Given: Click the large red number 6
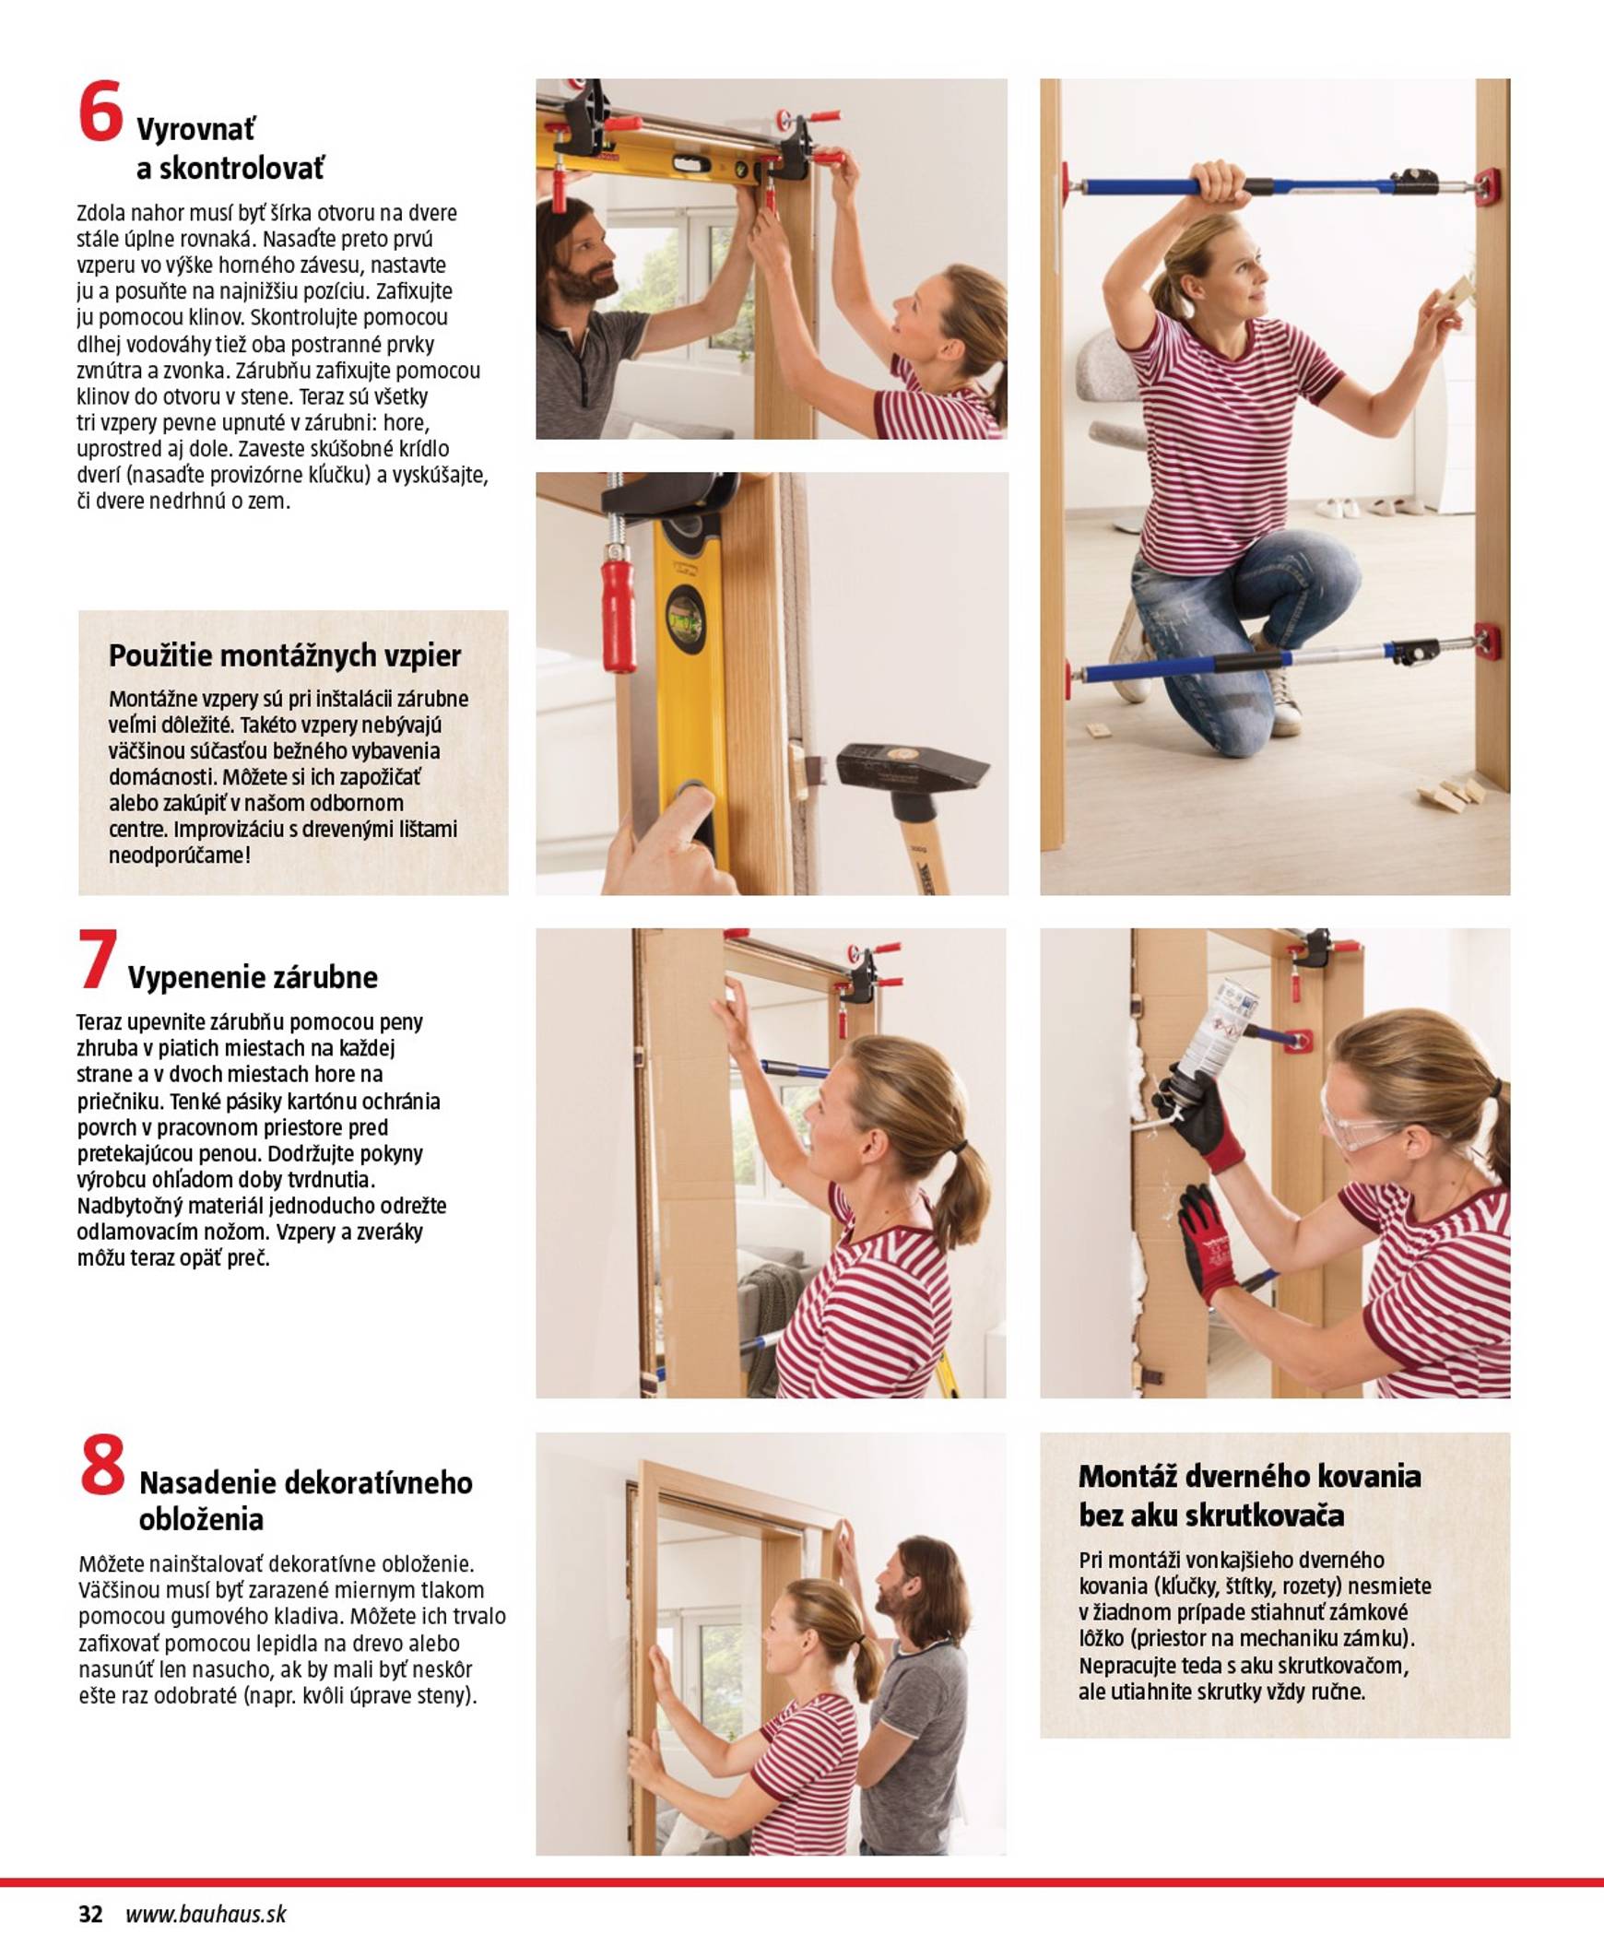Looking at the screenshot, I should [100, 112].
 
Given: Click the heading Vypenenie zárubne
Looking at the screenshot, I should [253, 976].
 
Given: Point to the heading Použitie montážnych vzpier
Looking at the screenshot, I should [285, 655].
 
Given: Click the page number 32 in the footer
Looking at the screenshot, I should [90, 1914].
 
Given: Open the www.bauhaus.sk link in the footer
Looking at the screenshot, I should [206, 1914].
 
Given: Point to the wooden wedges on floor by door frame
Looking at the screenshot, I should [1451, 792].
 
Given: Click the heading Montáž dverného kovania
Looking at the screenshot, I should [1248, 1476].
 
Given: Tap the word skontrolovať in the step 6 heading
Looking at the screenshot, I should [231, 169].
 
